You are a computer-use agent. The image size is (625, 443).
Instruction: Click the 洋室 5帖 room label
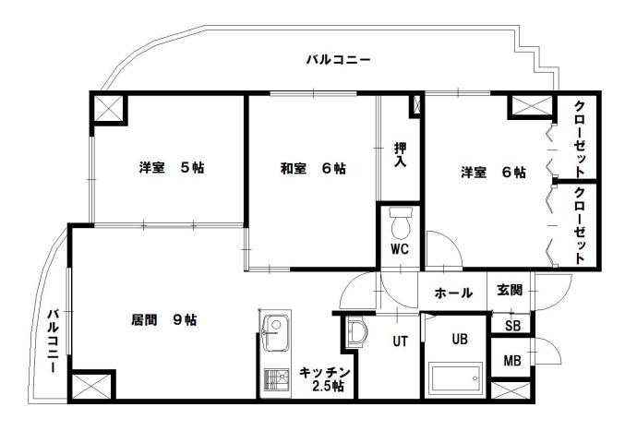click(172, 169)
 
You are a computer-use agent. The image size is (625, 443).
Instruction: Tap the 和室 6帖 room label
click(314, 169)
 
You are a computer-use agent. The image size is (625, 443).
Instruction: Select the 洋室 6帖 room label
click(494, 172)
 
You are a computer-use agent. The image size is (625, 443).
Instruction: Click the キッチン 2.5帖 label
click(323, 379)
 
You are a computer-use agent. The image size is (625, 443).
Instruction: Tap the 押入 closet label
click(401, 154)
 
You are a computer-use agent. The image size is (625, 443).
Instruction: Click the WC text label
click(400, 249)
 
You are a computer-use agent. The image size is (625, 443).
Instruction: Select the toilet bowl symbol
click(401, 224)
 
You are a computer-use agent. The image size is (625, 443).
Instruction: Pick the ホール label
click(453, 293)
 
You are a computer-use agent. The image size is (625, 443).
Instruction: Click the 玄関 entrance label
click(510, 290)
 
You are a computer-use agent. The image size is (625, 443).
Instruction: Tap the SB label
click(512, 324)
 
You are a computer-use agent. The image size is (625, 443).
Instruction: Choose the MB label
click(511, 358)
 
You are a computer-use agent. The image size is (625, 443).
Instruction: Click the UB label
click(460, 339)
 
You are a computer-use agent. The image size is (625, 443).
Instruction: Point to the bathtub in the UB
click(456, 378)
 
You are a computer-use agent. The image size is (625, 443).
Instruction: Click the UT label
click(400, 341)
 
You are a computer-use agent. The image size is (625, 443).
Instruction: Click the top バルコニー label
click(338, 61)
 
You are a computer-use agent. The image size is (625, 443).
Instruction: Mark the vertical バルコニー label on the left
click(54, 341)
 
